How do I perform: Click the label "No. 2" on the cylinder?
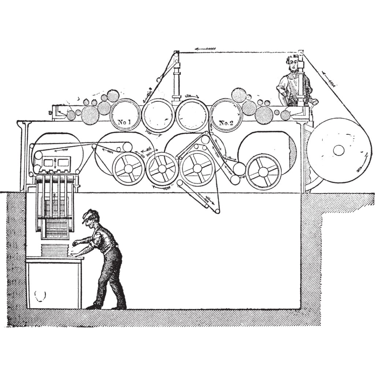pos(226,123)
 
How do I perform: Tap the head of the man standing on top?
pos(293,63)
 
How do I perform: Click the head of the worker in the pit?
pos(90,218)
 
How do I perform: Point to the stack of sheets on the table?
pos(55,250)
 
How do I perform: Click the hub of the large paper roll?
pos(339,150)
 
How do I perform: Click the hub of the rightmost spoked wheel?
pos(263,171)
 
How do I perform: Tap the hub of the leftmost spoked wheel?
pos(128,169)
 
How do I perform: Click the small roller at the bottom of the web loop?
pos(217,211)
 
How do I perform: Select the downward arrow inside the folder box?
pos(55,163)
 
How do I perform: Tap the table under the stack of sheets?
pos(55,282)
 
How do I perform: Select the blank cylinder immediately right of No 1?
pos(158,115)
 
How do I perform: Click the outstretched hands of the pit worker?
pos(74,249)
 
